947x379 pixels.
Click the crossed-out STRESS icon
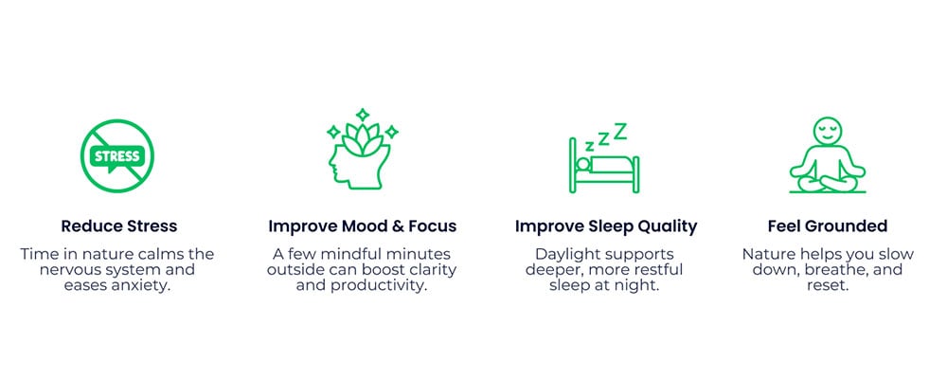click(117, 155)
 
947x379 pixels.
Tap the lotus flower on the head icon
click(363, 139)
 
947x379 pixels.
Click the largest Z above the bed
click(620, 131)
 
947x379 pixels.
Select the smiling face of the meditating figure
click(827, 131)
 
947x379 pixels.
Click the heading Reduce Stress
click(119, 226)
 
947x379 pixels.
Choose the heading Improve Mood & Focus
click(363, 226)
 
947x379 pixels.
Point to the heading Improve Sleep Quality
click(606, 226)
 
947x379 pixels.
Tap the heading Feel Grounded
click(828, 226)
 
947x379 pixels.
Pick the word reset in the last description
click(828, 285)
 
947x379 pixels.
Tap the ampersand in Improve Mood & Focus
click(393, 226)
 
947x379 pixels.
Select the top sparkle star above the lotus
click(363, 115)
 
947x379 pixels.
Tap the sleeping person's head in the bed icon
click(582, 164)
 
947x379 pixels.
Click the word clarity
click(434, 270)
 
